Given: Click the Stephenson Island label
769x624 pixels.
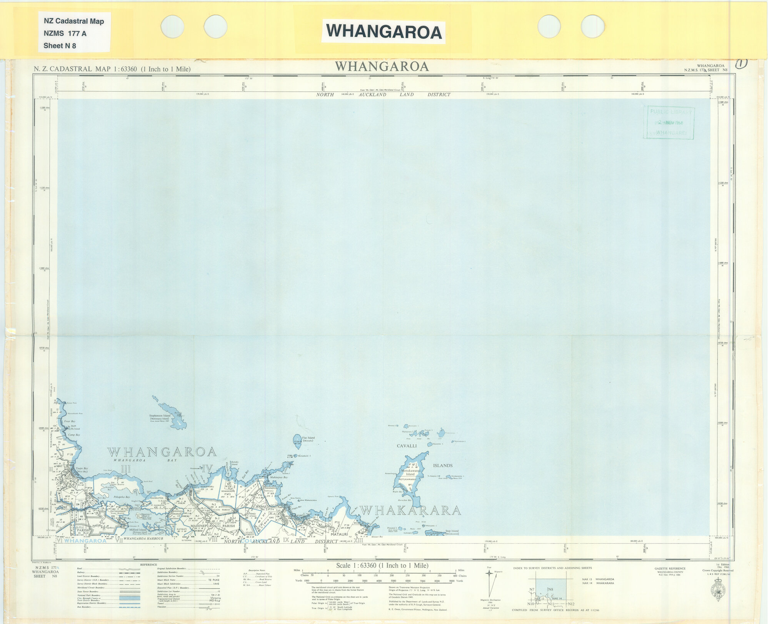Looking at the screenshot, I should (160, 416).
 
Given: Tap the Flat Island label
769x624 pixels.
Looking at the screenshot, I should (308, 438).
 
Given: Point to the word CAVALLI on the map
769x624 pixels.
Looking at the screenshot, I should (407, 446).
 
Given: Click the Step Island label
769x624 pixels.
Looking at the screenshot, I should (452, 531).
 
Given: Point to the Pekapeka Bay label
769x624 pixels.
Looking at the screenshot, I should (122, 497).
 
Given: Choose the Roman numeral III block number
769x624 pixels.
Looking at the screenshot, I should (126, 469).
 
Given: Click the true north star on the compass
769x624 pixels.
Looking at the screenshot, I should (489, 573).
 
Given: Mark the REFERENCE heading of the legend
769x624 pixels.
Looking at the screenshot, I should (148, 565).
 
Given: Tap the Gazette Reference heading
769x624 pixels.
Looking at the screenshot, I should (670, 568).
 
